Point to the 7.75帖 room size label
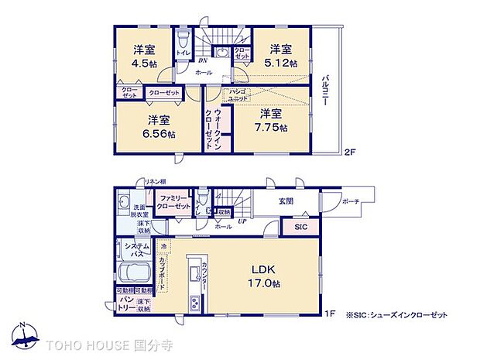273,127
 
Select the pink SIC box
300,227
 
